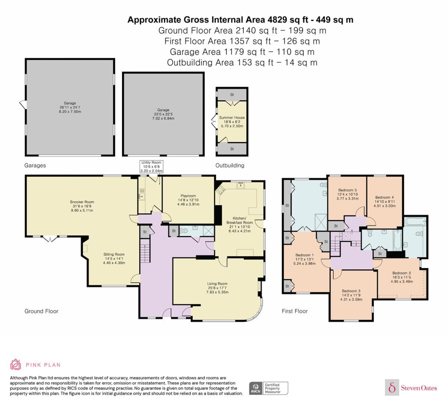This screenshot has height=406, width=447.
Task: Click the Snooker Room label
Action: pos(82,206)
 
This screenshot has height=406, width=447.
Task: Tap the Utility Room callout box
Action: pos(151,167)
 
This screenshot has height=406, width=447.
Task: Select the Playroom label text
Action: pos(188,200)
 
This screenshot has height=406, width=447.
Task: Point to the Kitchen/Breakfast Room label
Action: pos(239,224)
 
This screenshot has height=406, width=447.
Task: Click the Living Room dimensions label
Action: pos(217,288)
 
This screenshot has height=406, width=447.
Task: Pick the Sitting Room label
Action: pos(114,258)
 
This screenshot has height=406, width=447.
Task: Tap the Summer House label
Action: pos(232,122)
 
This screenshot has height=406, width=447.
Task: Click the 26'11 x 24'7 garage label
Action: pos(70,107)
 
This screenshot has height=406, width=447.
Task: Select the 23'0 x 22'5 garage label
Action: pos(163,114)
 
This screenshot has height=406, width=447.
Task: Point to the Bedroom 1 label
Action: pos(304,259)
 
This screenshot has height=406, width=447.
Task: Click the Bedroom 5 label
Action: pos(347,194)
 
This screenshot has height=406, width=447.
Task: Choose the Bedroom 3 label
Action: pos(351,295)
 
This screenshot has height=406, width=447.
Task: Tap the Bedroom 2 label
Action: pos(402,277)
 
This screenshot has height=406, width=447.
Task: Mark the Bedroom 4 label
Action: pos(385,201)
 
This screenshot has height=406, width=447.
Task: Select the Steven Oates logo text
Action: pos(419,388)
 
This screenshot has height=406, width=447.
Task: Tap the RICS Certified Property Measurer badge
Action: pos(269,388)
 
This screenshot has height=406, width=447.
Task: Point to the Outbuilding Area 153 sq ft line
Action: pos(242,63)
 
